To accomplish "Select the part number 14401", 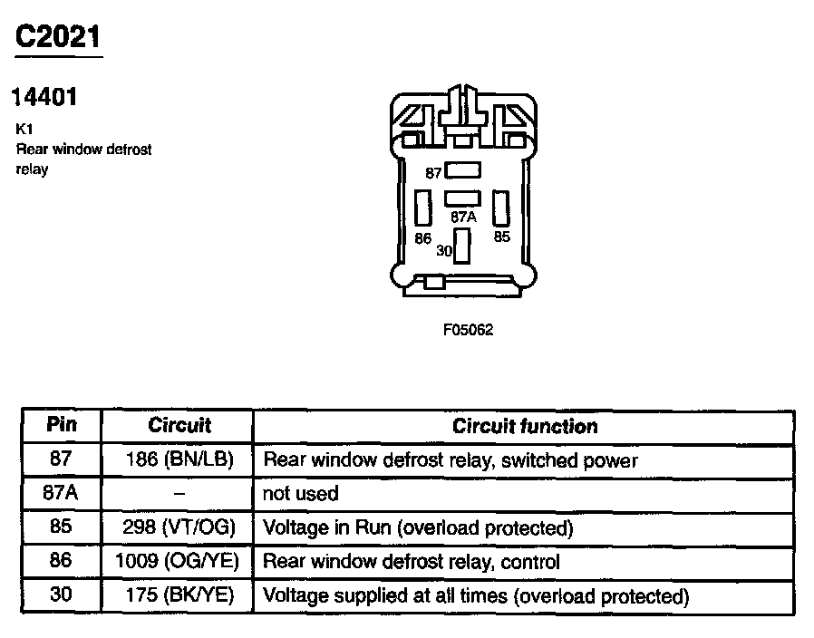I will tap(44, 97).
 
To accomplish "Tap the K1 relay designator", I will tap(24, 130).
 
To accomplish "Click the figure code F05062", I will tap(468, 331).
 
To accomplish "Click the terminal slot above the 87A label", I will tap(462, 198).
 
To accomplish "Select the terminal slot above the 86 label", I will tap(422, 208).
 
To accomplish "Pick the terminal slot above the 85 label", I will tap(500, 208).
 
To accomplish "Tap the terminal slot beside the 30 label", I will tap(462, 246).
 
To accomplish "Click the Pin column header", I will tap(61, 425).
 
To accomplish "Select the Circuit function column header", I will tap(525, 426).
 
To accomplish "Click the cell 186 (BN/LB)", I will tap(179, 460).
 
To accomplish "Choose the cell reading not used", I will tap(300, 494).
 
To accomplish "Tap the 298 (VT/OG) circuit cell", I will tap(179, 527).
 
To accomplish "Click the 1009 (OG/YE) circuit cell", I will tap(177, 562).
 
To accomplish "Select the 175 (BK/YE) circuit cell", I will tap(179, 596).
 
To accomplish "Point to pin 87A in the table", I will tap(61, 494).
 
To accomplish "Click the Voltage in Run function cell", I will tap(418, 527).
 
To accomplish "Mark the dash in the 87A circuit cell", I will tap(179, 494).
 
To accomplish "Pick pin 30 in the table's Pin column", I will tap(61, 596).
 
